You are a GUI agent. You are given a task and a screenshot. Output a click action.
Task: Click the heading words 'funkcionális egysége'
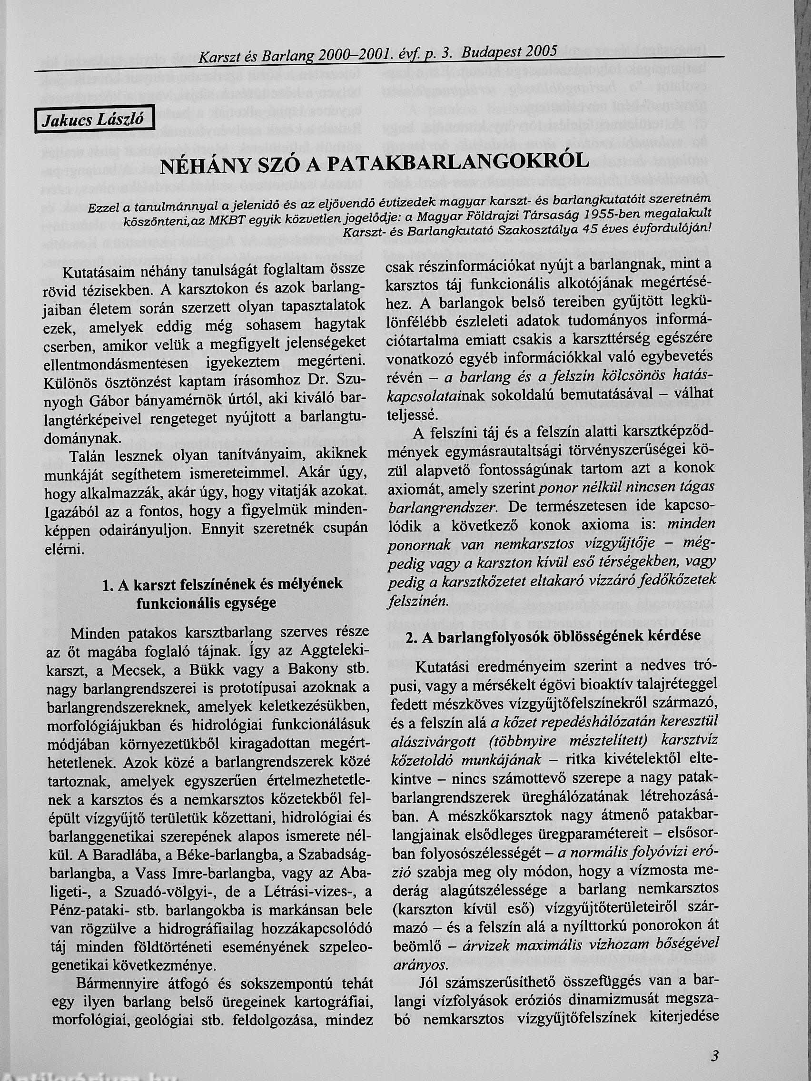[206, 603]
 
